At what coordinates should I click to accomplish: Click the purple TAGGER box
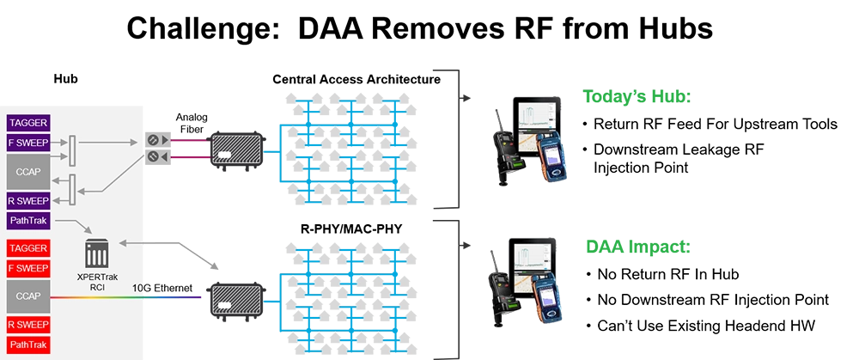[28, 123]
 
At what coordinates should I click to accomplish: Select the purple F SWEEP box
[28, 142]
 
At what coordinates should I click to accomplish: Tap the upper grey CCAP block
[28, 171]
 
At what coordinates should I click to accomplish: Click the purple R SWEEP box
[28, 202]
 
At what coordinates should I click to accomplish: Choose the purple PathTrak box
[28, 222]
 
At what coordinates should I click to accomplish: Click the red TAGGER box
[28, 248]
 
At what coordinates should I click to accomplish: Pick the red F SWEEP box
[28, 267]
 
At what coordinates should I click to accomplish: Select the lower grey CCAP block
[28, 296]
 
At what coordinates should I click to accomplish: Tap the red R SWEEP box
[28, 326]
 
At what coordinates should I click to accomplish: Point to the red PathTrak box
[28, 345]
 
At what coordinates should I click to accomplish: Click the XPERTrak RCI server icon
[97, 254]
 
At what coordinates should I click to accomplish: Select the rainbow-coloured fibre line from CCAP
[129, 297]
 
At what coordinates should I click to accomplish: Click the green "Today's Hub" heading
[637, 96]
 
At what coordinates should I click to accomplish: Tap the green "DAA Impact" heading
[637, 247]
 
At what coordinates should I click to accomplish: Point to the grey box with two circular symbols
[155, 148]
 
